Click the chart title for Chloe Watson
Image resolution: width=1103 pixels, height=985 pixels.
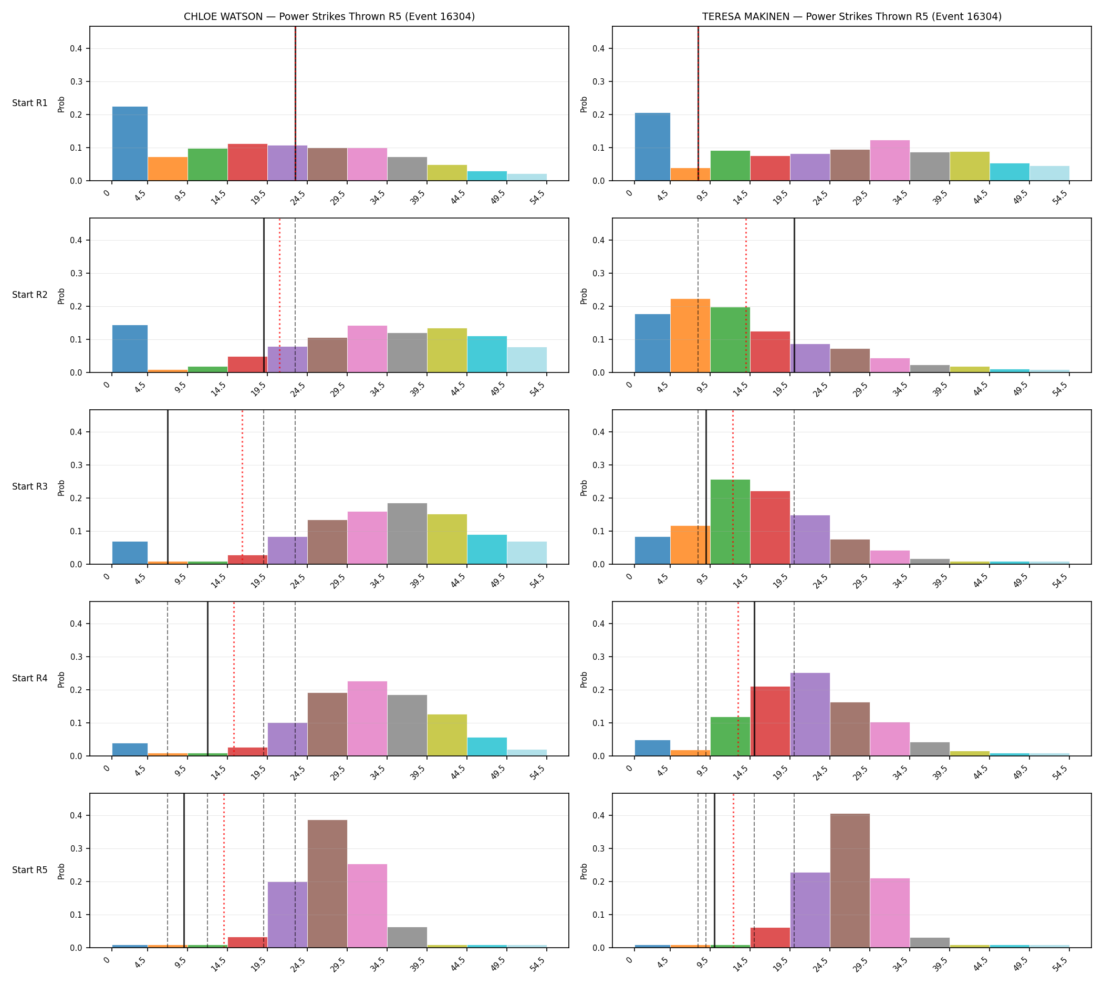click(x=329, y=16)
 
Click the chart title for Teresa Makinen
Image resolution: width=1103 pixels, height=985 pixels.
click(x=851, y=16)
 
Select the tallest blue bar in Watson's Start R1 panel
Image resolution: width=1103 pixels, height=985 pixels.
click(x=130, y=143)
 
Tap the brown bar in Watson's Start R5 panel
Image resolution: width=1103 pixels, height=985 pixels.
click(x=327, y=884)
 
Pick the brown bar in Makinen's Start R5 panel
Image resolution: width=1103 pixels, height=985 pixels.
click(x=850, y=880)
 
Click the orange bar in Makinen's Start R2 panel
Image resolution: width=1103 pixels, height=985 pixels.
click(x=690, y=336)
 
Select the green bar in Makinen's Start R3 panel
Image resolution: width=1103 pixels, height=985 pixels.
click(x=730, y=522)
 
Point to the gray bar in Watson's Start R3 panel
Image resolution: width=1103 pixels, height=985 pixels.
click(x=407, y=534)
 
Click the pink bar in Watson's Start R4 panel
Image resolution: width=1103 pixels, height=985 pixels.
click(x=368, y=718)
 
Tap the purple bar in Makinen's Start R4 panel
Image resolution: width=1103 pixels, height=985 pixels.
click(x=810, y=714)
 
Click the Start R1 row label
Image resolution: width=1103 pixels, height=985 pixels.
click(x=30, y=103)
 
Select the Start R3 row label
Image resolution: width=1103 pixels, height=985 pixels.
click(x=30, y=486)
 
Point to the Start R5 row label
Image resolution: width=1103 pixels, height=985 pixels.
click(x=30, y=870)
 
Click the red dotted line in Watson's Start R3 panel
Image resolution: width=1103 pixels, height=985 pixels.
click(x=243, y=487)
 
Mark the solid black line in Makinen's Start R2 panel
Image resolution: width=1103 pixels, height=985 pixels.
click(x=794, y=295)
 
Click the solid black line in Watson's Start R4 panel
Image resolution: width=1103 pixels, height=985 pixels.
click(x=208, y=679)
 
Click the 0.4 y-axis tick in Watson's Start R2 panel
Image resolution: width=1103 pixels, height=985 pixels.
click(x=76, y=240)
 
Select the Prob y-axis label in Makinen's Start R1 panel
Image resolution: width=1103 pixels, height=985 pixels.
click(x=584, y=104)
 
